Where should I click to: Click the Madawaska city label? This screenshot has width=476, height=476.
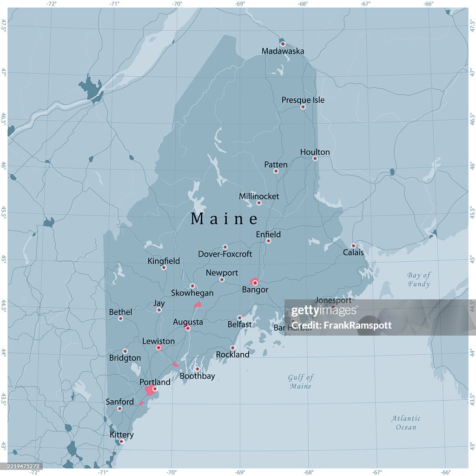(x=283, y=51)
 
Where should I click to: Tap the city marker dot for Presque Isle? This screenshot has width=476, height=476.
(x=303, y=107)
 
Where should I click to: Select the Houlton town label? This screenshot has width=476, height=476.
(x=315, y=152)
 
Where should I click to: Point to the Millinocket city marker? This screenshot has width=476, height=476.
(x=259, y=203)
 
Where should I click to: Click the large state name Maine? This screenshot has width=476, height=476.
(x=225, y=218)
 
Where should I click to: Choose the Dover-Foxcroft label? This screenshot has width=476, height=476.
(x=225, y=254)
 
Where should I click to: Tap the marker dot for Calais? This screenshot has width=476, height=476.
(x=353, y=246)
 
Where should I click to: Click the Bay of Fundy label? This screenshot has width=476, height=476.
(x=419, y=279)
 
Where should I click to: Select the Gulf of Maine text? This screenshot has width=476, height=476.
(x=300, y=382)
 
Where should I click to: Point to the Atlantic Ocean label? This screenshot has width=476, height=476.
(x=406, y=423)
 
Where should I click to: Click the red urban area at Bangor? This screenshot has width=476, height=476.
(x=254, y=281)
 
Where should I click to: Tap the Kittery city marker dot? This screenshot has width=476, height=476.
(x=122, y=442)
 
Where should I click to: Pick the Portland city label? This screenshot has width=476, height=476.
(x=155, y=382)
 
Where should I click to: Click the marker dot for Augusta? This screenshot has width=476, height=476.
(x=188, y=328)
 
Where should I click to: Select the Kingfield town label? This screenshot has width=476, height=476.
(x=164, y=261)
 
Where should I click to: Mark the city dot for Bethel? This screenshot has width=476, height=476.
(x=120, y=319)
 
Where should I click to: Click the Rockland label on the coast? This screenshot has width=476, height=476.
(x=232, y=355)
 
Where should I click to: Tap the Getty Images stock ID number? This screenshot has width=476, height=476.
(x=20, y=466)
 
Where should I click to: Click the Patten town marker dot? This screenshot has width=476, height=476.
(x=276, y=171)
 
